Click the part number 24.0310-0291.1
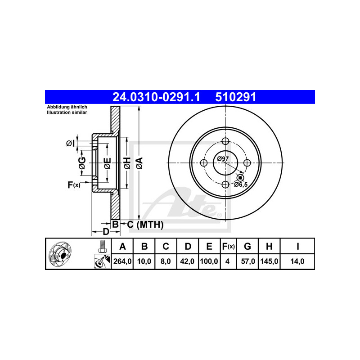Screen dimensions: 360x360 [x=156, y=97]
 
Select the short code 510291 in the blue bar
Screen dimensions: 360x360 [x=235, y=97]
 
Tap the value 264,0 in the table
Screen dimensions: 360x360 [x=122, y=261]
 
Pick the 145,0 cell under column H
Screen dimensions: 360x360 [x=269, y=261]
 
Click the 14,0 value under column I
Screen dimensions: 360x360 [x=297, y=261]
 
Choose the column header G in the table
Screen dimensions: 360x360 [x=247, y=246]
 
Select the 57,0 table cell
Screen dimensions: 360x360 [x=248, y=261]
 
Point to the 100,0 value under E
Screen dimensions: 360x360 [x=209, y=261]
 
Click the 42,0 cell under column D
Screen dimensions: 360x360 [x=187, y=261]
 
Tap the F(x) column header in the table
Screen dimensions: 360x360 [x=229, y=246]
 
